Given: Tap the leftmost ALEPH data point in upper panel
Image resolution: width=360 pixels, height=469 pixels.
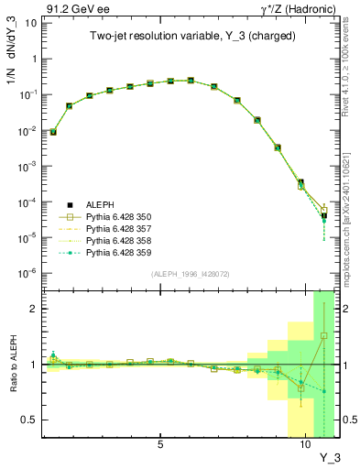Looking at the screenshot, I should tap(53, 132).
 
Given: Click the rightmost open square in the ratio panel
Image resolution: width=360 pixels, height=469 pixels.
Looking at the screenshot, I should tap(324, 335).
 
